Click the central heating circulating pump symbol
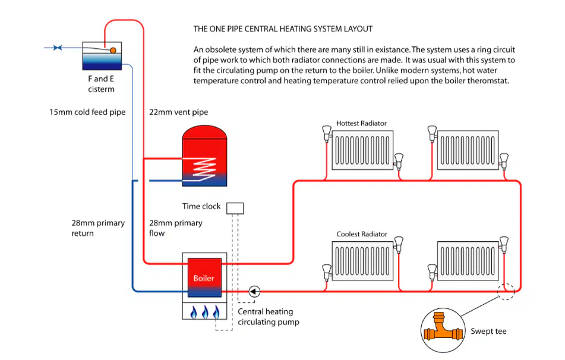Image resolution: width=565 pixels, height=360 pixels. pos(254,291)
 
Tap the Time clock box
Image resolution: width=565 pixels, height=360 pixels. pos(235,208)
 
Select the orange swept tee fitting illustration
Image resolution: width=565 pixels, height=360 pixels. pos(443,329)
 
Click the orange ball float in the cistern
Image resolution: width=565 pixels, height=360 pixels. pos(113,50)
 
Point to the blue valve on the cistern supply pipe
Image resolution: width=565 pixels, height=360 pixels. pos(57,48)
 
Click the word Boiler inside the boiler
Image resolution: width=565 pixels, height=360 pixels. pos(204,278)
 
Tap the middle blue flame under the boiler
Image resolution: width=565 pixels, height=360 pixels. pos(205,312)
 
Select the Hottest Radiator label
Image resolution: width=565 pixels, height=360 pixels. pos(361,123)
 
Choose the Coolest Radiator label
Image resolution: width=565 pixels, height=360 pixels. pos(362,234)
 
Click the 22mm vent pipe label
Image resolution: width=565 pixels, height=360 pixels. pos(179,112)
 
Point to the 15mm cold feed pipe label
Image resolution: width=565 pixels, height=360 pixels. pos(87,112)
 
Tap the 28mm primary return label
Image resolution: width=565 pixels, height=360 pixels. pos(98,228)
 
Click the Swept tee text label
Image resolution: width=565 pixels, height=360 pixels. pos(488,331)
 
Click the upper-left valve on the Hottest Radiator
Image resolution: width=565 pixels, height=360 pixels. pos(326,132)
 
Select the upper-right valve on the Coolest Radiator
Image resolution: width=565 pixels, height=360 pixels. pos(398,244)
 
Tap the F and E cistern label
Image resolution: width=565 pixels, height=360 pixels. pos(101,84)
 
